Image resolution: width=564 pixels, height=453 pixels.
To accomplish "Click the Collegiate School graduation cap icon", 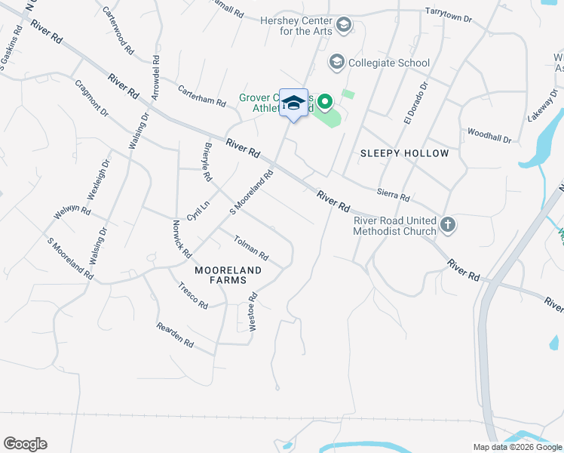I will [336, 62].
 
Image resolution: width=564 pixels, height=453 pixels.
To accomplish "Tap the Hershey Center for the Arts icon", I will [345, 26].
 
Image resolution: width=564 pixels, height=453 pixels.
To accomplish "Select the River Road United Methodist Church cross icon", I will [448, 224].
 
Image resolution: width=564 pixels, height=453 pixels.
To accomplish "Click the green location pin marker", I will [325, 100].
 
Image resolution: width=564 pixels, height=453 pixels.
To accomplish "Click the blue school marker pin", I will [293, 103].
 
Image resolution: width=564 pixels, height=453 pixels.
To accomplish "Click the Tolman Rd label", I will [251, 248].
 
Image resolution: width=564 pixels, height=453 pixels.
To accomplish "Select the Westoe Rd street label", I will [253, 311].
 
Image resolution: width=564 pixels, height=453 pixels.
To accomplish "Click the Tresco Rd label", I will [193, 296].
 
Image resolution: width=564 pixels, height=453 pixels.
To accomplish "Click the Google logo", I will [25, 444].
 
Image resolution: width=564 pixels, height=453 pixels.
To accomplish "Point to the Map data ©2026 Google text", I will [516, 447].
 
